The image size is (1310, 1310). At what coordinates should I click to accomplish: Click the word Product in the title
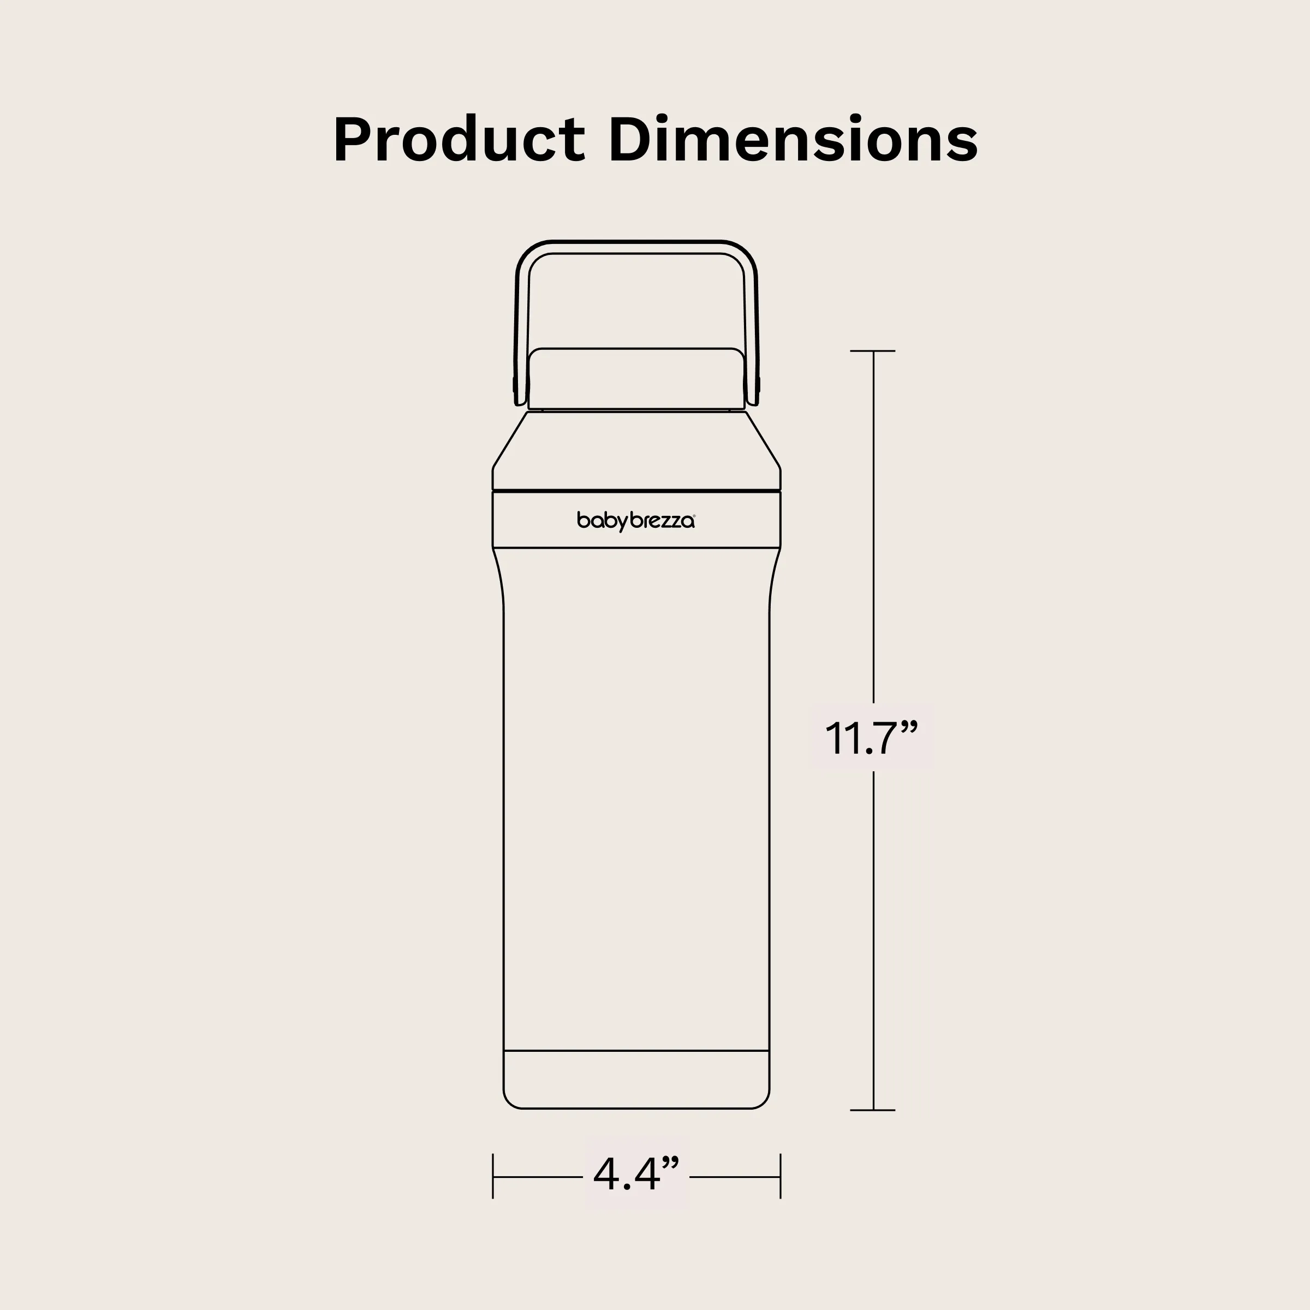[x=458, y=140]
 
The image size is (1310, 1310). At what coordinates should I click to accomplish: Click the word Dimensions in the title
[x=793, y=140]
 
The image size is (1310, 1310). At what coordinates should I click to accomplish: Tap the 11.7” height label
[x=871, y=739]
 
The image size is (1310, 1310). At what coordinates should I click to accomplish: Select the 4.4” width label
[x=635, y=1175]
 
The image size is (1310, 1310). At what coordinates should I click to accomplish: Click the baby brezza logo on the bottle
[x=636, y=521]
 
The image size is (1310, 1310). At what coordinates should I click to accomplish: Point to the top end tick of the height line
[x=873, y=351]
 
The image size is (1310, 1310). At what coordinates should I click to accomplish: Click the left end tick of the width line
[x=493, y=1176]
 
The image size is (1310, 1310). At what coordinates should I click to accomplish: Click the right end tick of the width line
[x=781, y=1176]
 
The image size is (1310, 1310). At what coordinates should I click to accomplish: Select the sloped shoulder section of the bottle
[x=636, y=448]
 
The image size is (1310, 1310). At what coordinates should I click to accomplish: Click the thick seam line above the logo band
[x=636, y=490]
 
